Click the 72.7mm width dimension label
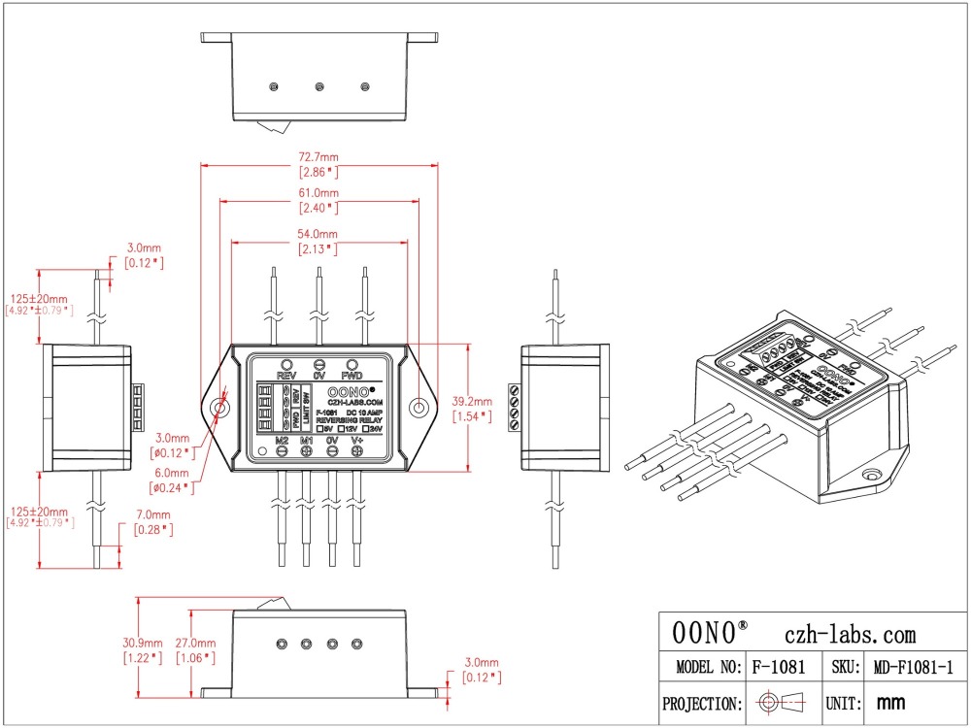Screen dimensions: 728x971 click(x=318, y=157)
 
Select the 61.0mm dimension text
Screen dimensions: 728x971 click(x=318, y=193)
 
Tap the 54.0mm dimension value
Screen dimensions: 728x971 click(x=317, y=235)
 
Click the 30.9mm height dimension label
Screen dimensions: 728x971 click(x=141, y=643)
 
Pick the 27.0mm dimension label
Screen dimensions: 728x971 click(x=194, y=643)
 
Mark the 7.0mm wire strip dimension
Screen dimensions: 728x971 click(x=153, y=514)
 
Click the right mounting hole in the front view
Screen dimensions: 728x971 click(x=419, y=408)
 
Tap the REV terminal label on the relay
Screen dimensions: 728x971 click(x=286, y=375)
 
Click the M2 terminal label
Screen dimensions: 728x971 click(x=282, y=441)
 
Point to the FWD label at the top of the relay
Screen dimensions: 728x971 click(x=352, y=375)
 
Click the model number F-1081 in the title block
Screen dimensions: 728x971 click(x=781, y=668)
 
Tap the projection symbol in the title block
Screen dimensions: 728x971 click(x=783, y=703)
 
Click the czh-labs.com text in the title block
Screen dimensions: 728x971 click(x=849, y=634)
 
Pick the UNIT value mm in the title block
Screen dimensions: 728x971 click(x=890, y=703)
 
